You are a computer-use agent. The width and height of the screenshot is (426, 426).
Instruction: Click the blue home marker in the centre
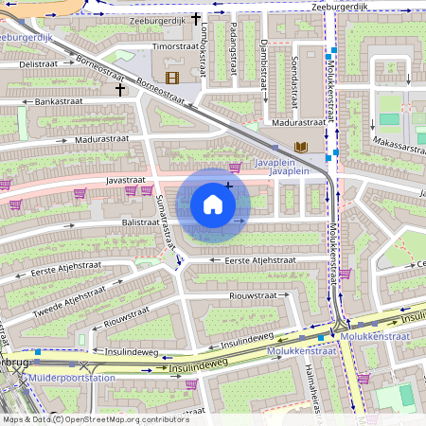click(x=213, y=204)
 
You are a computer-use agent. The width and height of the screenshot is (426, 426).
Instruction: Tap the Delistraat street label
click(x=39, y=63)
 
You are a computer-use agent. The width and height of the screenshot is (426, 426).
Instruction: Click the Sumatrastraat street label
click(x=163, y=218)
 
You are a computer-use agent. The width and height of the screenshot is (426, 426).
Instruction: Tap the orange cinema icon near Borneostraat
click(x=171, y=77)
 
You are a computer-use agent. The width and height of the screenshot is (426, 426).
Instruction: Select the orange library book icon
click(x=301, y=147)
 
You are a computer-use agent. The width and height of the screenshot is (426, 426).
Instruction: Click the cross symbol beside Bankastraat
click(x=119, y=89)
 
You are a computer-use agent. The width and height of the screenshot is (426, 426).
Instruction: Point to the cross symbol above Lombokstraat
click(x=196, y=18)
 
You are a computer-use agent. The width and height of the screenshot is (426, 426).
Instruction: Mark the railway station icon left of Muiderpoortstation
click(x=22, y=376)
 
